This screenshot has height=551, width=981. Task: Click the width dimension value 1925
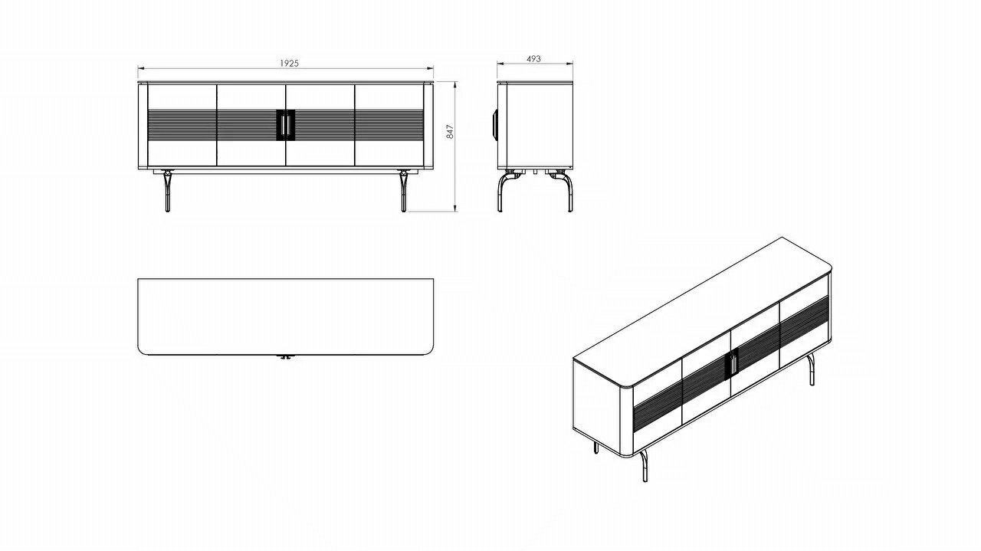tap(287, 63)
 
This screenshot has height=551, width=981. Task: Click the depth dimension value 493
tap(534, 58)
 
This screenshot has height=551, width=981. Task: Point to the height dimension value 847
tap(450, 131)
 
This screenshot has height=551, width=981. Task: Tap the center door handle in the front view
tap(285, 125)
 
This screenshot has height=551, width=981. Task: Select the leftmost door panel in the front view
tap(182, 125)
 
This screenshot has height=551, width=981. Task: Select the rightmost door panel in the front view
tap(389, 125)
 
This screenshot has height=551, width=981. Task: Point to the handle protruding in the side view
tap(494, 124)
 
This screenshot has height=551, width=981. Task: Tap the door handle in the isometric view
tap(733, 362)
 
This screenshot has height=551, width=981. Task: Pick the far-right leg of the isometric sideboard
tap(812, 372)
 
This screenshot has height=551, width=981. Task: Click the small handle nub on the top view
tap(285, 356)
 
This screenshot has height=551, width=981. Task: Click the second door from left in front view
tap(251, 125)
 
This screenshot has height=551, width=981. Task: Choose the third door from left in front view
tap(320, 125)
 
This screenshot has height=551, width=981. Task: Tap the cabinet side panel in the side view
tap(535, 125)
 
